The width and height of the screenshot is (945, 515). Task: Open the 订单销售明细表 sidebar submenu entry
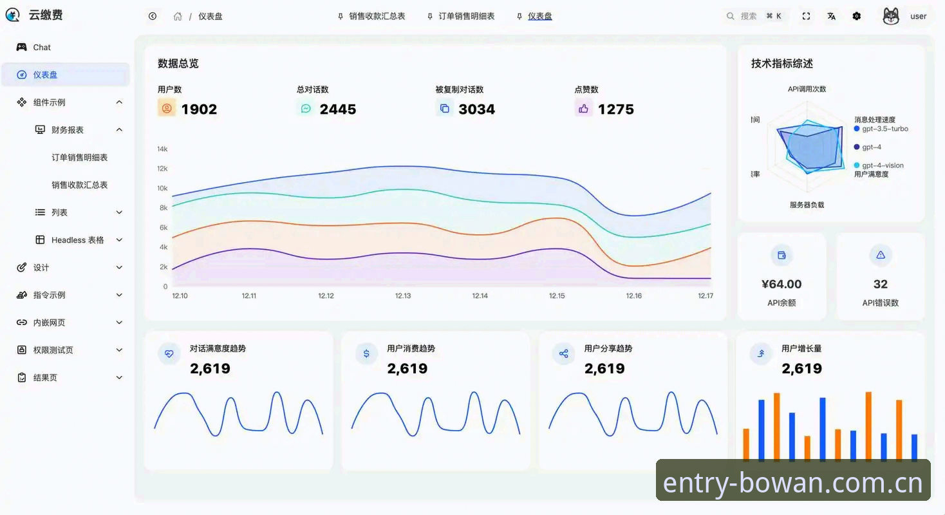(79, 157)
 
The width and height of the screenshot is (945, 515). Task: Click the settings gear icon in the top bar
(856, 16)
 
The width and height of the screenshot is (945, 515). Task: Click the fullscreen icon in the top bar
(806, 16)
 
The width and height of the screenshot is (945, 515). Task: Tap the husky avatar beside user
(891, 16)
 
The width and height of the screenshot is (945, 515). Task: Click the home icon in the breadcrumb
(178, 17)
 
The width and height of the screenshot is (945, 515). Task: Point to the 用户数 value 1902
(199, 109)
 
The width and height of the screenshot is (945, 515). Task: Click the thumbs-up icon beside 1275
(583, 109)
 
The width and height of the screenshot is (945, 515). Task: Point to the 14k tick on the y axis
(162, 149)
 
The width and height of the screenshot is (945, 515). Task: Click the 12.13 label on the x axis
(403, 295)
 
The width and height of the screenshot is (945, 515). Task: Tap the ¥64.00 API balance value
(781, 284)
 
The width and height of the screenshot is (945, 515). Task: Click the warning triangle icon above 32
(881, 255)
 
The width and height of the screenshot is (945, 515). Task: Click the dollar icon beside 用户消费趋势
(366, 353)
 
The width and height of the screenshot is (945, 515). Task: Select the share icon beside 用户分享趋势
(564, 353)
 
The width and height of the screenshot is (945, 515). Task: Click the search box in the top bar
(754, 16)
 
